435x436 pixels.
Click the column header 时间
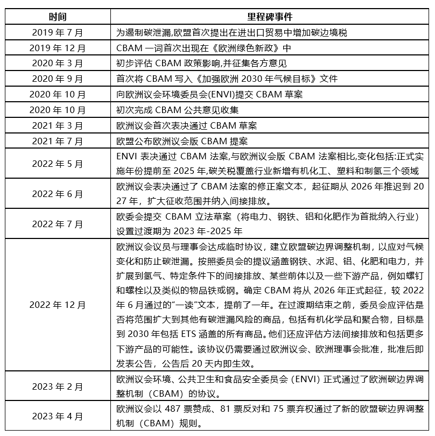58,17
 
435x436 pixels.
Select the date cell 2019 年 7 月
58,32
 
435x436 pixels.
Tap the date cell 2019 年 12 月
58,48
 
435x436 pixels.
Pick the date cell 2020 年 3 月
58,64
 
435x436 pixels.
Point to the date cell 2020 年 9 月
58,79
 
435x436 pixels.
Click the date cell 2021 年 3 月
58,126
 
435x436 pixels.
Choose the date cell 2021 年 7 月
58,142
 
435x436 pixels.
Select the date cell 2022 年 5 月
58,164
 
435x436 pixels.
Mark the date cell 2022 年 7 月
58,224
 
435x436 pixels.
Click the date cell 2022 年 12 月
58,305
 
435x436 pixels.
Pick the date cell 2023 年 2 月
58,386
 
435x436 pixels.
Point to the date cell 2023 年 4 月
58,416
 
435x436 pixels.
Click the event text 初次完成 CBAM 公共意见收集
178,110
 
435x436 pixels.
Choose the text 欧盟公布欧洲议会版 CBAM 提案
182,142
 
